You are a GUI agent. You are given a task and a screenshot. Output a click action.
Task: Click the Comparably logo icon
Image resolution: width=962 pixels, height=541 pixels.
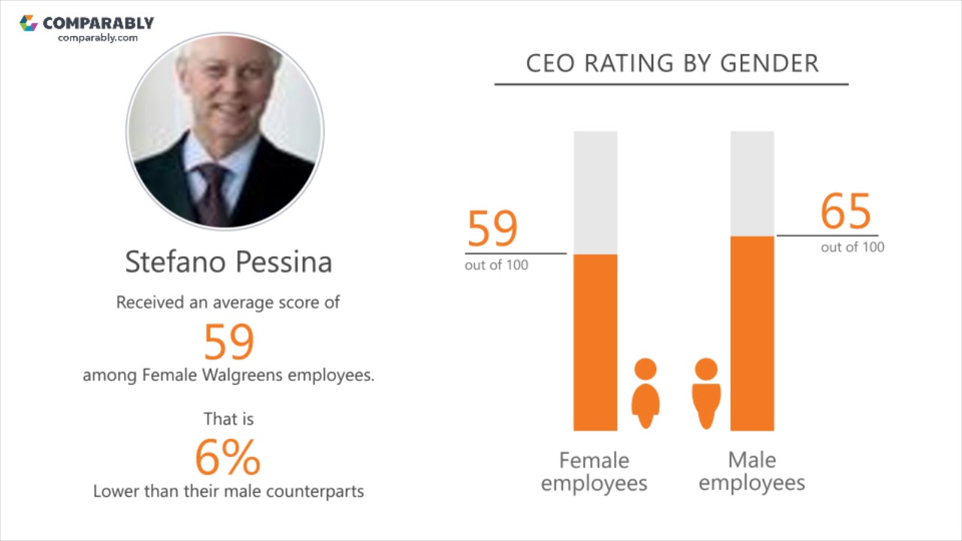click(29, 23)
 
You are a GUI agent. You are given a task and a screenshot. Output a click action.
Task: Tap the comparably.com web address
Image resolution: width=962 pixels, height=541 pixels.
click(98, 38)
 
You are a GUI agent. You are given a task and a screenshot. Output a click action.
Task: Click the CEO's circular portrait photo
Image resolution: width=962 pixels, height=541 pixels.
click(225, 131)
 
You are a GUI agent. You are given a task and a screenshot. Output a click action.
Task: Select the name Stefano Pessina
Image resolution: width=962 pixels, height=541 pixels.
click(228, 261)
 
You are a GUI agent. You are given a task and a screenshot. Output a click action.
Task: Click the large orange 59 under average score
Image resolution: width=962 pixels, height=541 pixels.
click(229, 342)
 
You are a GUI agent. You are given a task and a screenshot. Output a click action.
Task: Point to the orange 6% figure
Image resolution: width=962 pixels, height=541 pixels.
click(228, 458)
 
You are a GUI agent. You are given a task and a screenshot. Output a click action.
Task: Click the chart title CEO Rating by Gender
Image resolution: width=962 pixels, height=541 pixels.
click(672, 63)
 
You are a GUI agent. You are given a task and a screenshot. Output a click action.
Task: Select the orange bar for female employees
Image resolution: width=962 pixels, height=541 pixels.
click(595, 342)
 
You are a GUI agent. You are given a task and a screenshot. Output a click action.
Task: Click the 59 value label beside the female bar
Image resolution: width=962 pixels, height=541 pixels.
click(493, 229)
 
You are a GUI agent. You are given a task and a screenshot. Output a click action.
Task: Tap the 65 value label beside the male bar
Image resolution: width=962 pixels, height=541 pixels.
click(846, 211)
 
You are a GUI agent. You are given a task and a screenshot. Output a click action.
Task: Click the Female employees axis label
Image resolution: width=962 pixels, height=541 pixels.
click(594, 471)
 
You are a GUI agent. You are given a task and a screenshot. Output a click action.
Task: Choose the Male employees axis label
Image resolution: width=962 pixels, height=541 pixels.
click(752, 471)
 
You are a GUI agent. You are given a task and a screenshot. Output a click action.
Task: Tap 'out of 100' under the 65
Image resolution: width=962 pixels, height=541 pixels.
click(852, 247)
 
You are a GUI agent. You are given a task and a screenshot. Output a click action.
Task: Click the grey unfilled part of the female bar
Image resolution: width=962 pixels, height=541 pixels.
click(595, 192)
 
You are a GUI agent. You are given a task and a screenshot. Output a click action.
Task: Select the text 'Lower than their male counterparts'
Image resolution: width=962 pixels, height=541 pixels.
click(228, 491)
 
